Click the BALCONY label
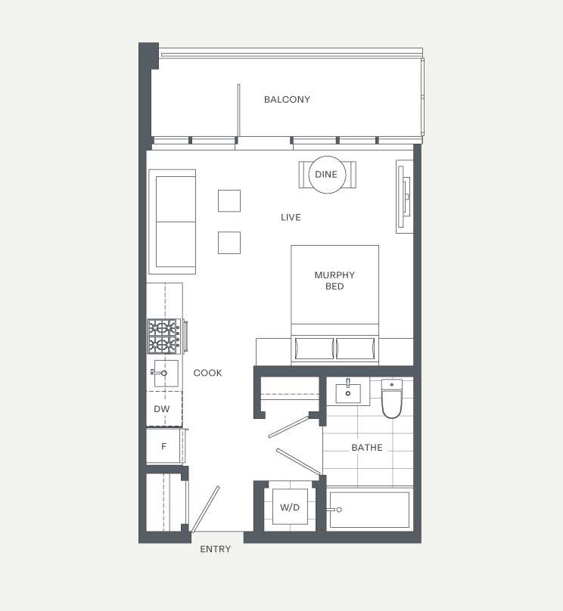(x=287, y=100)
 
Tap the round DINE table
(x=327, y=175)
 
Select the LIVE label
(x=291, y=218)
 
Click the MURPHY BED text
(x=334, y=281)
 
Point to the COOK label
(x=207, y=373)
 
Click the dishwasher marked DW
(x=164, y=409)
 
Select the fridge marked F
(x=163, y=446)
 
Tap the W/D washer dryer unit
(x=290, y=507)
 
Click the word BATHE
(x=367, y=448)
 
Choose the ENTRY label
(x=216, y=549)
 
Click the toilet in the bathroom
(x=391, y=399)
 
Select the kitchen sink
(x=166, y=374)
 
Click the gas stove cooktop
(x=164, y=337)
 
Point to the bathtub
(x=369, y=510)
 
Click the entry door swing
(x=206, y=509)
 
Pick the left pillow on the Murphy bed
(x=314, y=349)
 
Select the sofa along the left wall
(x=172, y=222)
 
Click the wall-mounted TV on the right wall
(x=404, y=197)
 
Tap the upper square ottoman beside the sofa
(x=229, y=200)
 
